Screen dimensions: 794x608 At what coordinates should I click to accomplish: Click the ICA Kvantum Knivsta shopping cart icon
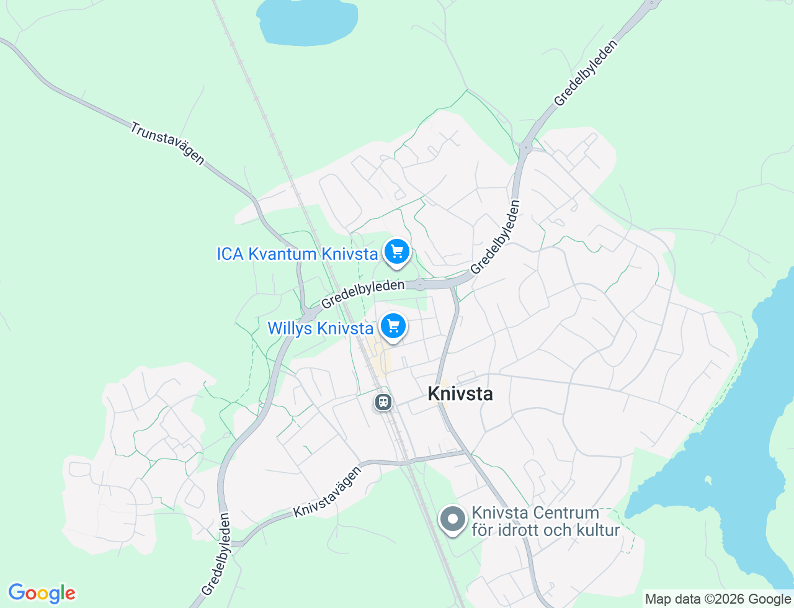pos(397,252)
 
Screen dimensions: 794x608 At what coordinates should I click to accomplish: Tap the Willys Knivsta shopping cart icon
pos(393,326)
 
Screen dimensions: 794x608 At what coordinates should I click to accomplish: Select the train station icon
pos(383,403)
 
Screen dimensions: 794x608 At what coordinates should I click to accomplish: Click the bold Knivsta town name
pos(460,394)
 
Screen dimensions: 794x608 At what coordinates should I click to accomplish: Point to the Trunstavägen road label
pos(167,143)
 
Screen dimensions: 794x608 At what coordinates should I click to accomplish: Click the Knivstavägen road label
pos(328,492)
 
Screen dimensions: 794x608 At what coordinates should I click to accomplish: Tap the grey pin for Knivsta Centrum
pos(453,519)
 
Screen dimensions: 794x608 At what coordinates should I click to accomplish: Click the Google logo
pos(42,594)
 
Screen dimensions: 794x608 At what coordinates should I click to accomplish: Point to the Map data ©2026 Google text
pos(718,599)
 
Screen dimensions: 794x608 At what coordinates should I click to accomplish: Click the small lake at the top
pos(308,22)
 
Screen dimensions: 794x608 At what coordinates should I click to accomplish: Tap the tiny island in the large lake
pos(708,480)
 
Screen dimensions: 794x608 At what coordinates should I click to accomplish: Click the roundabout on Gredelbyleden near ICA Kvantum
pos(420,285)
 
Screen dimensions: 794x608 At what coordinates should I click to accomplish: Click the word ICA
pos(230,254)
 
